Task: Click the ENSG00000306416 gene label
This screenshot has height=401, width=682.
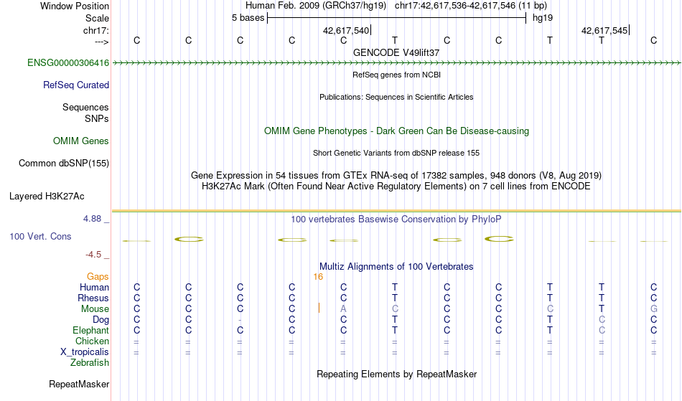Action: [x=68, y=63]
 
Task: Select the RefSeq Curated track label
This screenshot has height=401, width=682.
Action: [x=76, y=85]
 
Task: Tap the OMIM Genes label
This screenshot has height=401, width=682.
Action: [x=81, y=141]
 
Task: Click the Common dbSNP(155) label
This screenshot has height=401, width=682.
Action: [x=64, y=164]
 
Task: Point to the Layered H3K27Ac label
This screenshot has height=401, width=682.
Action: [x=47, y=197]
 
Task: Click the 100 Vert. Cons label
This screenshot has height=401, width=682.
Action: [x=40, y=236]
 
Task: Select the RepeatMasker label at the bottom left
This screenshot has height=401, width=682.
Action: [x=79, y=384]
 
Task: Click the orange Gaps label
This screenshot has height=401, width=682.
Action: [x=98, y=277]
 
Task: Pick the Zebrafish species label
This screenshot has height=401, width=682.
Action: [x=90, y=363]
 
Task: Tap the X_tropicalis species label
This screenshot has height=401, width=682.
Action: [x=85, y=352]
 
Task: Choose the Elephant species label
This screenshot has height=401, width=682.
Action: [x=91, y=331]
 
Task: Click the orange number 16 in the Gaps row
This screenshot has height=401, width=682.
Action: [x=318, y=277]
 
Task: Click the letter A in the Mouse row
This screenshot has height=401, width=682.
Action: [x=344, y=309]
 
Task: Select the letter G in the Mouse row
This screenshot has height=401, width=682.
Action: [x=654, y=309]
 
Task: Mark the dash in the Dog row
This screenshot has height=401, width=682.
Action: [x=240, y=320]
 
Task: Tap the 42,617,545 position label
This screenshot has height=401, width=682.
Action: [x=604, y=30]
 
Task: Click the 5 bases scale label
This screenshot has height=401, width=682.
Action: [x=248, y=18]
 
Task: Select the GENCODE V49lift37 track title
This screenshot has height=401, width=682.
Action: [x=396, y=52]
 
